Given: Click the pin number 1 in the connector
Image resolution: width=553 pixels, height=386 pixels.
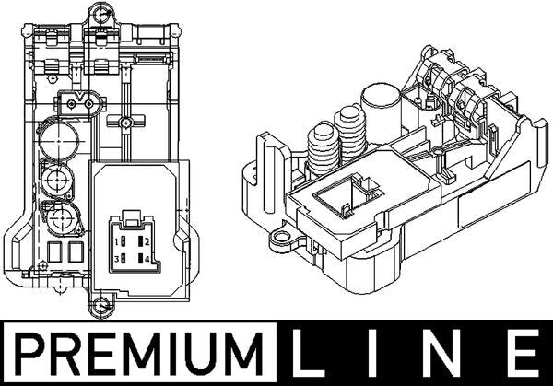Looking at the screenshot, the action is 116,242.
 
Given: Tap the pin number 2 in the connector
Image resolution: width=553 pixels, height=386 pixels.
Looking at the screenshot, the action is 147,241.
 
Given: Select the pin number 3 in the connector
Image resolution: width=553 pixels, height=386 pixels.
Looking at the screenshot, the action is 116,260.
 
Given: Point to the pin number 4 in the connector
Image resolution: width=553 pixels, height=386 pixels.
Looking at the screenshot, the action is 147,260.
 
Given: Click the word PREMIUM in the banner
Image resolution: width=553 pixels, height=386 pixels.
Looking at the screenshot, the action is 139,353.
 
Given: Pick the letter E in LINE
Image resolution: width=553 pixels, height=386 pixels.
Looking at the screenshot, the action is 523,353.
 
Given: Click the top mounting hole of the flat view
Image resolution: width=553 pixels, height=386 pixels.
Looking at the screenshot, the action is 102,14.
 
